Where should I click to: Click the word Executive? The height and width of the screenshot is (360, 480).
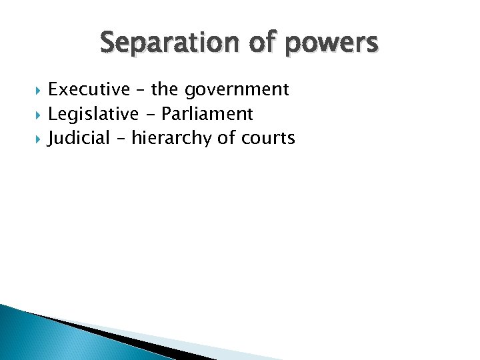click(x=89, y=89)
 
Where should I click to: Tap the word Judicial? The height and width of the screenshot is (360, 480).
click(x=79, y=139)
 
